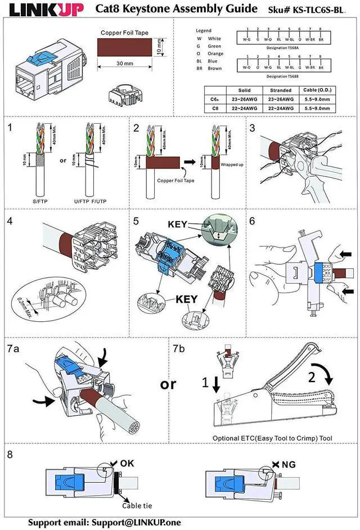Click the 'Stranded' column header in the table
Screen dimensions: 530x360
tap(281, 90)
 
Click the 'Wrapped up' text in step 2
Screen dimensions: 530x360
tap(231, 165)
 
